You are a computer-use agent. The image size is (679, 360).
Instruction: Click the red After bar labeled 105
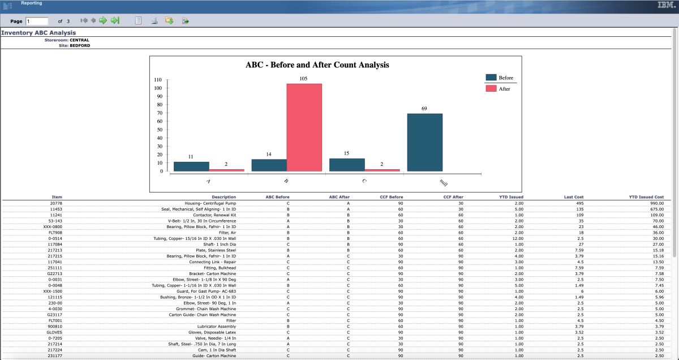[304, 127]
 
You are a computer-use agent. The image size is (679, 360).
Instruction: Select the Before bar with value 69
[424, 142]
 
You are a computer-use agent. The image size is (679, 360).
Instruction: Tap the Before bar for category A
[191, 166]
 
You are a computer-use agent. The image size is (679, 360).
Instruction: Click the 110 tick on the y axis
[158, 80]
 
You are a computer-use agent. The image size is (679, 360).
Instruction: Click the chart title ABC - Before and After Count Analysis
[317, 65]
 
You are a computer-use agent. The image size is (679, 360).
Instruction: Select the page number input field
[37, 21]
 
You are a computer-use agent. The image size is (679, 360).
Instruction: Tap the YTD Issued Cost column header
[646, 197]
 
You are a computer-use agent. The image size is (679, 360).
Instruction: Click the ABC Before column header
[277, 197]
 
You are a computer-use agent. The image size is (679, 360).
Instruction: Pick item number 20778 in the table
[56, 203]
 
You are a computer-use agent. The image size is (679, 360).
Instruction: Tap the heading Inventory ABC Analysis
[38, 33]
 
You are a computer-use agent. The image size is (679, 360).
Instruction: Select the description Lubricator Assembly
[216, 326]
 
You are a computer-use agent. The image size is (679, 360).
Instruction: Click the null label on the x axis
[444, 182]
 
